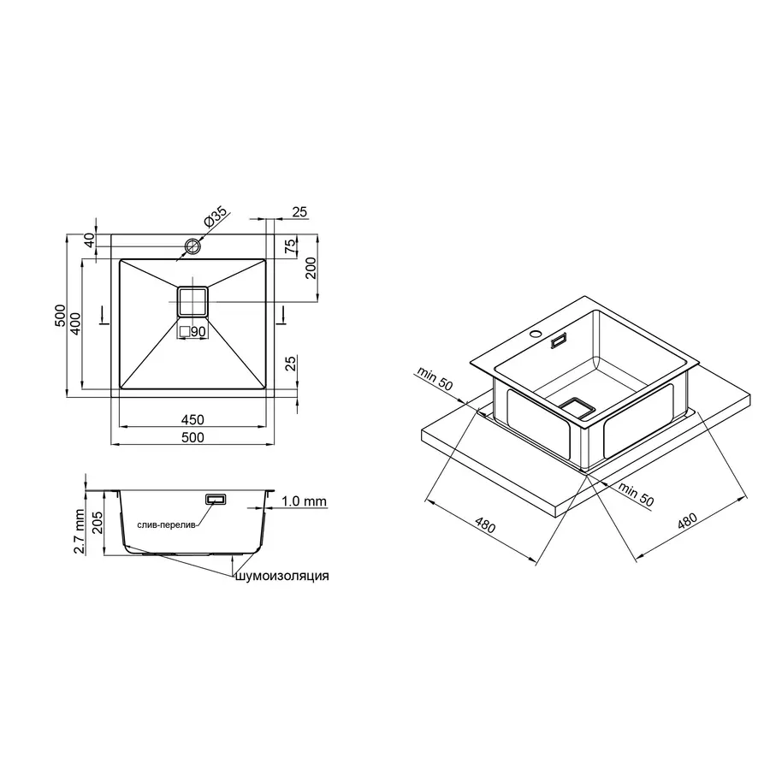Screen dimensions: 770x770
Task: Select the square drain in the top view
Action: tap(192, 302)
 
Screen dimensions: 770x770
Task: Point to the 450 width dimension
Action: tap(192, 419)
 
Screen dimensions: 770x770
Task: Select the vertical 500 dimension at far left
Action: tap(60, 315)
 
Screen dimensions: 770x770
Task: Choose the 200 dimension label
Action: tap(311, 268)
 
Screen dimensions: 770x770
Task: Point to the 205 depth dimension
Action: tap(97, 522)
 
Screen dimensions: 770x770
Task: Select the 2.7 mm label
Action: tap(78, 531)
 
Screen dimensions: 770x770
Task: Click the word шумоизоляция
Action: tap(282, 577)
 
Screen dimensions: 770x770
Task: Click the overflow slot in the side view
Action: tap(215, 498)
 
